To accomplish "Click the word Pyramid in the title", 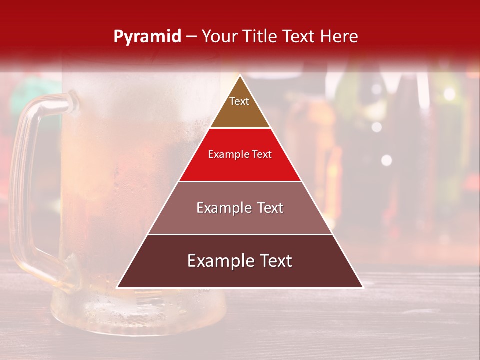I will click(147, 37).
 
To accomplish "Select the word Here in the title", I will click(339, 37).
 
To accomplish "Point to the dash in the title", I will click(191, 37).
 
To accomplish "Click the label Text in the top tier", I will click(239, 101).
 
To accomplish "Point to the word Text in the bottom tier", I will click(274, 261).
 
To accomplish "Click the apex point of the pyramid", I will click(240, 76).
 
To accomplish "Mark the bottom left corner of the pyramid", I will click(118, 287).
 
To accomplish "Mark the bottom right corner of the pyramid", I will click(362, 287).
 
